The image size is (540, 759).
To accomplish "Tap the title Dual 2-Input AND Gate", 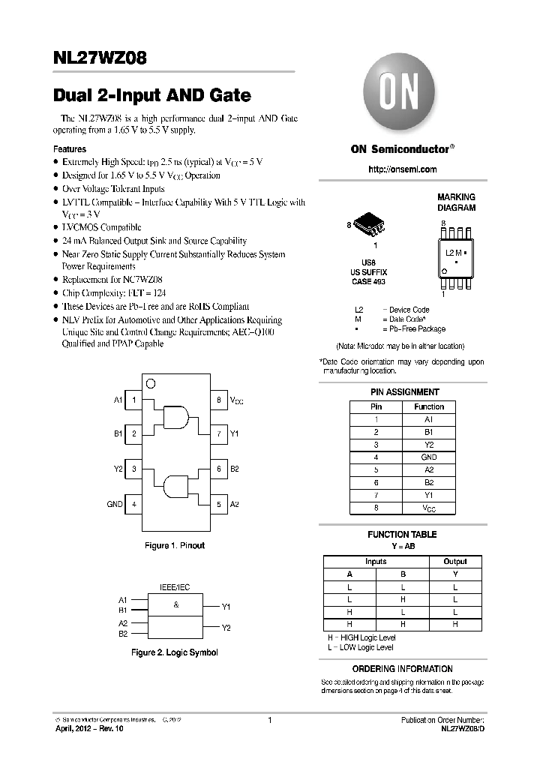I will [152, 96].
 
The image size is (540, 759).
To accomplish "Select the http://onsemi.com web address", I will [402, 169].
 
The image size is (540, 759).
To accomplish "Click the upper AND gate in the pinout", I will [176, 417].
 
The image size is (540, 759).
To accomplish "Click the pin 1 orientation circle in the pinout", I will [150, 383].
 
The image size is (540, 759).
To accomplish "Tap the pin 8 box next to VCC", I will [218, 400].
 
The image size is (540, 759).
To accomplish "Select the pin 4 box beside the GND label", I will [133, 505].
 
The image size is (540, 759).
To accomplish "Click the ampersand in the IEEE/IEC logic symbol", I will [175, 604].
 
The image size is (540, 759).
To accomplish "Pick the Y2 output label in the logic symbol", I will [226, 627].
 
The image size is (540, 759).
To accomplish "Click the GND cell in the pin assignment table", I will [428, 457].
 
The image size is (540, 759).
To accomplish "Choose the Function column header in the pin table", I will [428, 406].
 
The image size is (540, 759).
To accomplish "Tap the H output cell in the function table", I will [454, 625].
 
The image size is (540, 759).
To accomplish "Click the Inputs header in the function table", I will [376, 561].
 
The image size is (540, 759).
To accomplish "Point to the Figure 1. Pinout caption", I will [175, 545].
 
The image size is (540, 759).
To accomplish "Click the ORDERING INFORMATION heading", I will [402, 668].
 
